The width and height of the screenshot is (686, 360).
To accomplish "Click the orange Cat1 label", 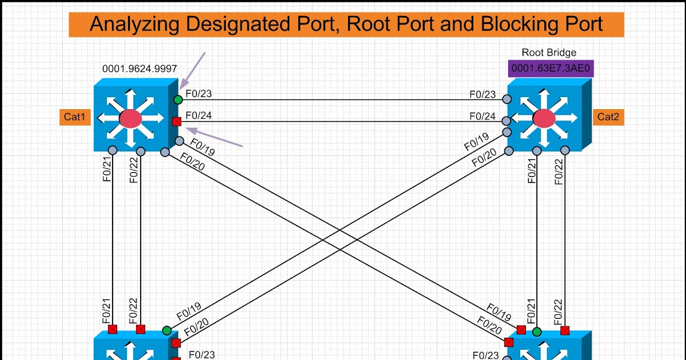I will pos(74,118).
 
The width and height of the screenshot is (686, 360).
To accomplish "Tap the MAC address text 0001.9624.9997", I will pos(139,69).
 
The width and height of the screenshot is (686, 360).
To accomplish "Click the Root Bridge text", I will pos(549,53).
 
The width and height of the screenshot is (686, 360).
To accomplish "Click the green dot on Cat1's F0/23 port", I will pos(178,100).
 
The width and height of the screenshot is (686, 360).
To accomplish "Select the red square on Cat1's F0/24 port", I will pos(177,121).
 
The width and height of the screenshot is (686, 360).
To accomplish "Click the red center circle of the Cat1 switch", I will pos(130,118).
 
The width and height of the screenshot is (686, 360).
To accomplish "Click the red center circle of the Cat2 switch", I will pos(544,118).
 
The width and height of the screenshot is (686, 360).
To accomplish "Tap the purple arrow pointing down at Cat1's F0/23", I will pos(192,71).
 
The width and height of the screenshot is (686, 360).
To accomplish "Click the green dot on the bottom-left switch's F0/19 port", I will pos(166,330).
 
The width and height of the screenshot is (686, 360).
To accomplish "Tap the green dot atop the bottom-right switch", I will pos(536,331).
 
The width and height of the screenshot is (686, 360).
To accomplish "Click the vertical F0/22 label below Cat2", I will pos(560,170).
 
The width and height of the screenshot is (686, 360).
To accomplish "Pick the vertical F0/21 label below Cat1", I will pos(106,169).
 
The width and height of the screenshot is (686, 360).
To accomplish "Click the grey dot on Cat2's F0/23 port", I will pos(506,99).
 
